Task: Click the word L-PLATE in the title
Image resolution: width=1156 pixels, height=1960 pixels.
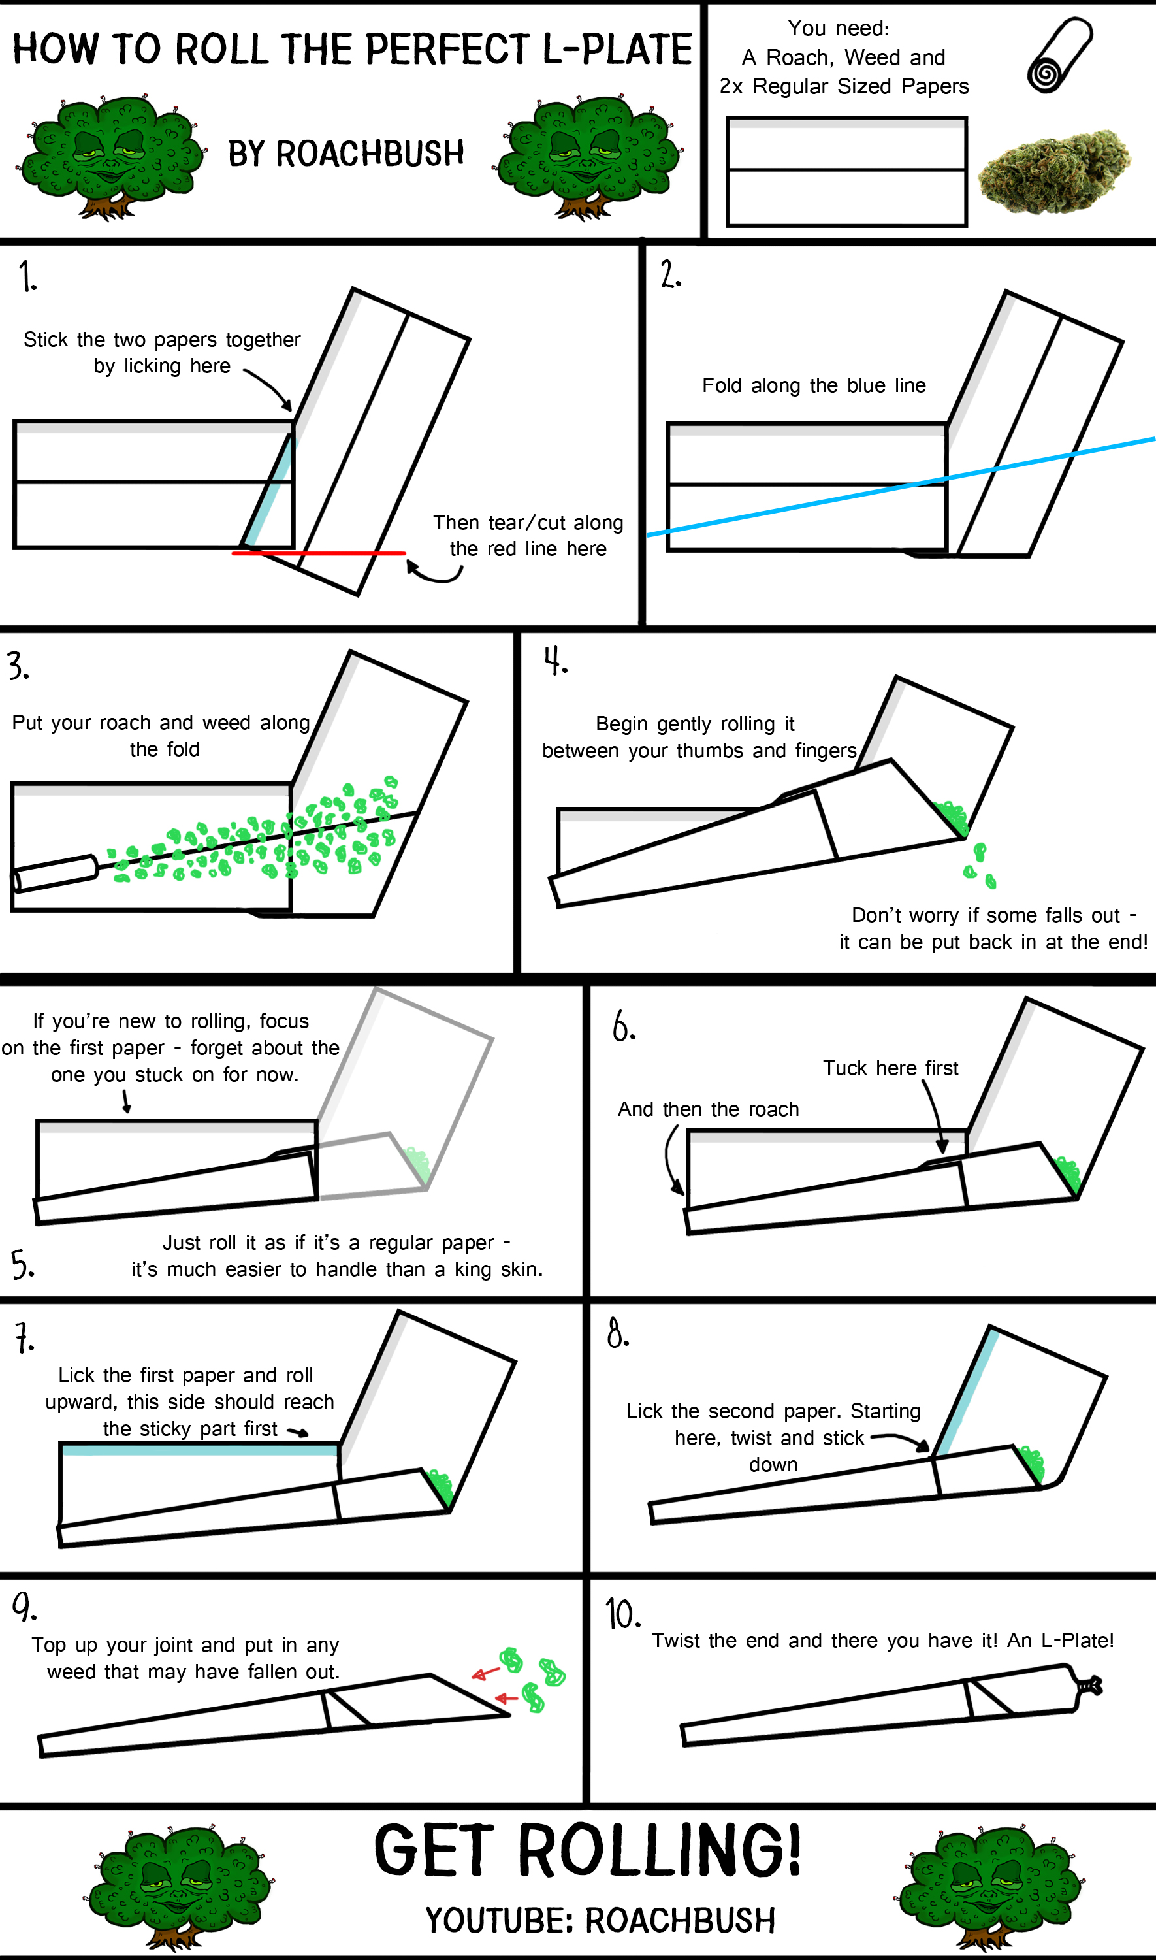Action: click(617, 49)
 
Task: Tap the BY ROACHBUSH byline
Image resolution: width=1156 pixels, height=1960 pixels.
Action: click(346, 154)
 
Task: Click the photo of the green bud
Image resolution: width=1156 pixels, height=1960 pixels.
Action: click(1054, 171)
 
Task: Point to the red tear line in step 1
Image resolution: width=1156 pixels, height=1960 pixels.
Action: click(319, 553)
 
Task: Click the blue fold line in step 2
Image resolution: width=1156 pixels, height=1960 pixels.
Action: click(901, 487)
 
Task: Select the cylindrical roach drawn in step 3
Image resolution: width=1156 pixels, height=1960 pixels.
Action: click(54, 872)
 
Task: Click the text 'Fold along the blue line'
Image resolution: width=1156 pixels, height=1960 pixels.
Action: click(814, 385)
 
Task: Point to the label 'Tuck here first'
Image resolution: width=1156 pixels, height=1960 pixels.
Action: click(890, 1068)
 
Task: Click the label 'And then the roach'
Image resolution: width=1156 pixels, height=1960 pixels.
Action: click(708, 1109)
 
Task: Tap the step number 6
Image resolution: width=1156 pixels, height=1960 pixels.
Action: click(623, 1026)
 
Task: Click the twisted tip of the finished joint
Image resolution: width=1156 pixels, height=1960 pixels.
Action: click(1089, 1686)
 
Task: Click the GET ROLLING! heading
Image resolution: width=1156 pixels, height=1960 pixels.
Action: click(587, 1850)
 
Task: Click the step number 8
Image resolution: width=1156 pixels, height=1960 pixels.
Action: click(618, 1333)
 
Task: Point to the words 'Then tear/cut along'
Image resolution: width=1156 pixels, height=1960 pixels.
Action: click(528, 522)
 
